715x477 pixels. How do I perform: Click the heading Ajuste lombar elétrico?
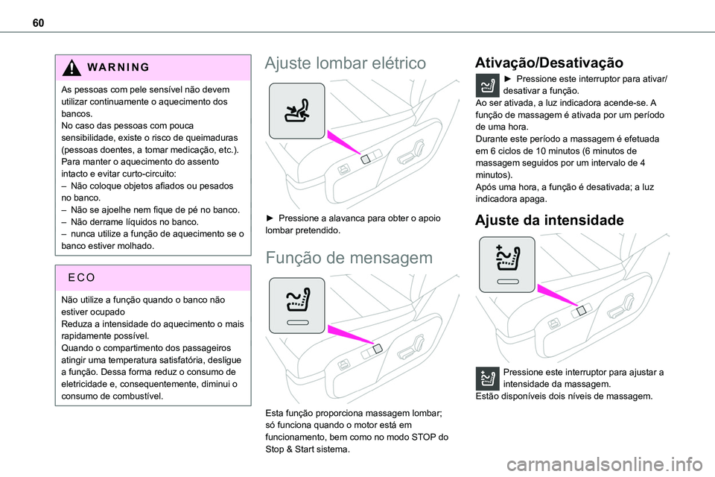346,63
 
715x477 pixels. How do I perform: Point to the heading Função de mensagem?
347,258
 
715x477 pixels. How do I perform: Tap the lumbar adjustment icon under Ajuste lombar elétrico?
296,111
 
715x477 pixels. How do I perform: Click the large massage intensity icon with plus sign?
506,264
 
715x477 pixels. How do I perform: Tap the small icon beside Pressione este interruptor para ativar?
488,86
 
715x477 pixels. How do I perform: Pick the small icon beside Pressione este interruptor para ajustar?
488,379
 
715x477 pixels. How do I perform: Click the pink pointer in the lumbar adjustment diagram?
343,144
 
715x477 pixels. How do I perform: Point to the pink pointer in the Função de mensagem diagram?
349,337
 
